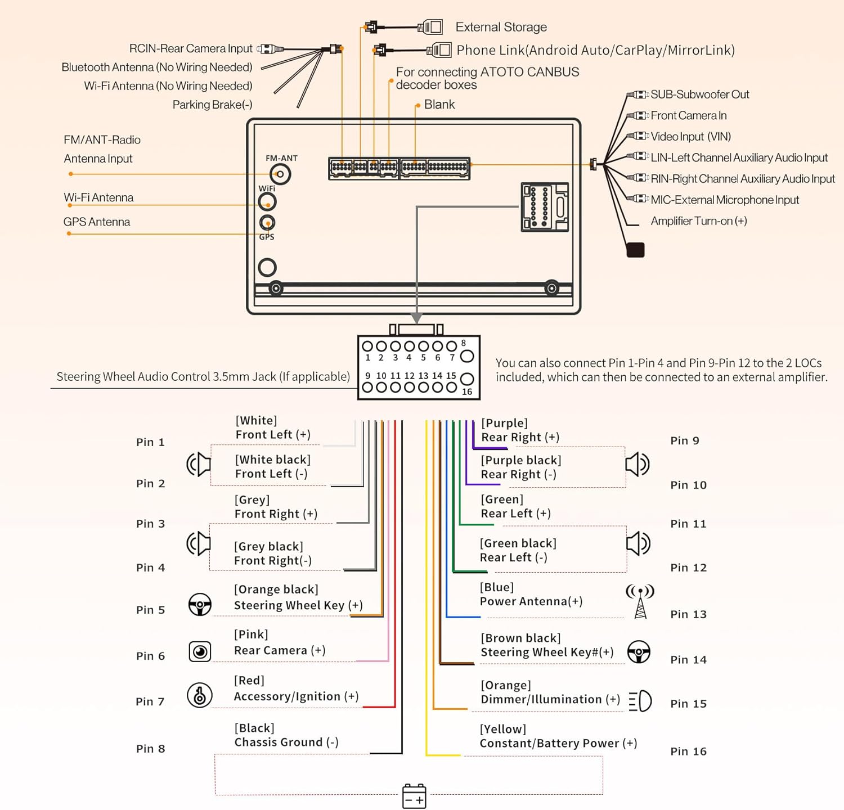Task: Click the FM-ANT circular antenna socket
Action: [280, 174]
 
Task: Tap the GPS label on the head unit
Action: [267, 237]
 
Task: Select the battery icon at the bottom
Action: [414, 796]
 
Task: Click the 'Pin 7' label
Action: [150, 701]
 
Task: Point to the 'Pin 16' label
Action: [688, 751]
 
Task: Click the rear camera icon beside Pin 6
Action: [200, 651]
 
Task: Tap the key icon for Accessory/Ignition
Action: [200, 695]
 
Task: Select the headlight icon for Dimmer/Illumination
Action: [640, 701]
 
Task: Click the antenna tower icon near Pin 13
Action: [640, 601]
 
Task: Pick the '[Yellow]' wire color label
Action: [503, 729]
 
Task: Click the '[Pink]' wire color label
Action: [251, 634]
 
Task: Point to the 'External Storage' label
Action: [501, 27]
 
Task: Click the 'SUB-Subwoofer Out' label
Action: [700, 94]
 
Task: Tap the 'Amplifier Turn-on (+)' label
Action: [699, 221]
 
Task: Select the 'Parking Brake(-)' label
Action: [212, 105]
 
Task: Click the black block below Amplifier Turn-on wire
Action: [635, 250]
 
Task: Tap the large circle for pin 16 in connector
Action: [467, 379]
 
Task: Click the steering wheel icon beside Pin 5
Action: [200, 605]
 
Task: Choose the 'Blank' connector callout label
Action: [439, 105]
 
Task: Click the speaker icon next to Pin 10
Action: [638, 465]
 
